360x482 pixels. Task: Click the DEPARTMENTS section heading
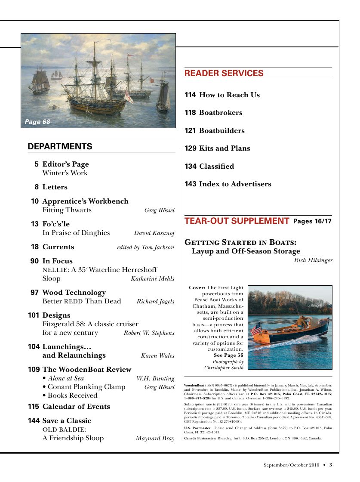(x=60, y=147)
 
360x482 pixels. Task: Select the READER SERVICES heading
(x=224, y=74)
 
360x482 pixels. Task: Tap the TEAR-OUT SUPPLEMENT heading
(x=237, y=221)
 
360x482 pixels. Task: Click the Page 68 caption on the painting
(x=37, y=122)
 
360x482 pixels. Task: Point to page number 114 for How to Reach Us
(x=190, y=95)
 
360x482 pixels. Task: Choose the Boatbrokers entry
(x=220, y=113)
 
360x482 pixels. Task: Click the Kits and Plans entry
(x=224, y=148)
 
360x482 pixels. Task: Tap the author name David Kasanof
(x=154, y=233)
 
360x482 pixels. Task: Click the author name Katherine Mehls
(x=152, y=279)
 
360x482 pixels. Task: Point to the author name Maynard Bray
(x=155, y=439)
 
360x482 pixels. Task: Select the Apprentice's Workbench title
(x=85, y=201)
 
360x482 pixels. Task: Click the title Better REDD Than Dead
(x=82, y=301)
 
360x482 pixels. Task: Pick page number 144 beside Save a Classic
(x=34, y=421)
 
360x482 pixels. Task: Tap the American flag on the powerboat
(x=256, y=329)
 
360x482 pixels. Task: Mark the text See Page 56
(x=228, y=355)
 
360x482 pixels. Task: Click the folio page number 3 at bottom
(x=330, y=465)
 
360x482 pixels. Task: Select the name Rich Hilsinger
(x=313, y=260)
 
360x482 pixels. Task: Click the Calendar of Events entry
(x=76, y=407)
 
